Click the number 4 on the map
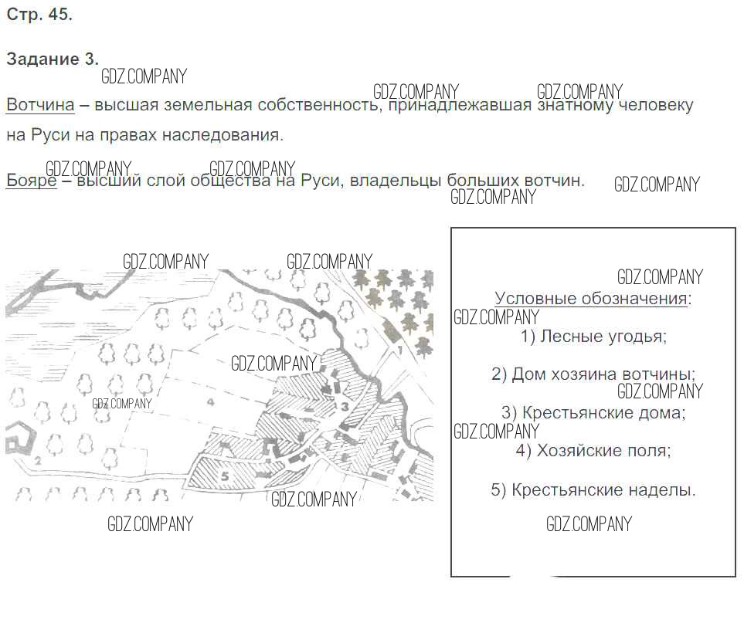pyautogui.click(x=211, y=402)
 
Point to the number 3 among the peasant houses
pyautogui.click(x=345, y=406)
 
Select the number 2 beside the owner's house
pyautogui.click(x=38, y=460)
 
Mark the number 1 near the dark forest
pyautogui.click(x=399, y=350)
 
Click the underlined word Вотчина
pyautogui.click(x=40, y=105)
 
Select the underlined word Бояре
pyautogui.click(x=32, y=181)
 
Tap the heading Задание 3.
pyautogui.click(x=53, y=59)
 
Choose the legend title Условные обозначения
pyautogui.click(x=593, y=299)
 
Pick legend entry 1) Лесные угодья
pyautogui.click(x=593, y=336)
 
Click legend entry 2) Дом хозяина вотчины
pyautogui.click(x=593, y=374)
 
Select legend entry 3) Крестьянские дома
pyautogui.click(x=593, y=412)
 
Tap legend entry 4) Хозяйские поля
pyautogui.click(x=593, y=450)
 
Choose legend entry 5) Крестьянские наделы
pyautogui.click(x=593, y=489)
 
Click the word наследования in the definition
pyautogui.click(x=223, y=135)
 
